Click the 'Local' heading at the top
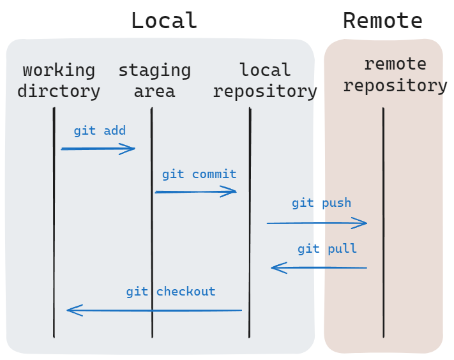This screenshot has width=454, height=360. (x=164, y=20)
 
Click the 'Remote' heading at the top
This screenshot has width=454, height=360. (x=382, y=20)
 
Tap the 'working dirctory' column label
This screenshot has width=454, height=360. (x=59, y=80)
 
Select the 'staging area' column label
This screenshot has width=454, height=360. (x=154, y=80)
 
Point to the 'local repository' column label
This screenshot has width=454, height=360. (x=265, y=80)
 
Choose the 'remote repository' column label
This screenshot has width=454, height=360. (x=395, y=75)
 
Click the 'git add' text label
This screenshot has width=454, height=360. (x=100, y=131)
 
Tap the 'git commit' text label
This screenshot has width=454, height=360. (x=199, y=174)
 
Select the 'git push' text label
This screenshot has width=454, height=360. (x=321, y=203)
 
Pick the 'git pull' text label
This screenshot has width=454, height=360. (x=327, y=249)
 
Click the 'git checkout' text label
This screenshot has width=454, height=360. (x=170, y=292)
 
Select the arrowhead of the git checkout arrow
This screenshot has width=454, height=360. (x=70, y=310)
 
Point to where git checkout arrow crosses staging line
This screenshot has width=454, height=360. (x=152, y=311)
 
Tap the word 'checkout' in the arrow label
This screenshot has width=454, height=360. (x=186, y=292)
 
